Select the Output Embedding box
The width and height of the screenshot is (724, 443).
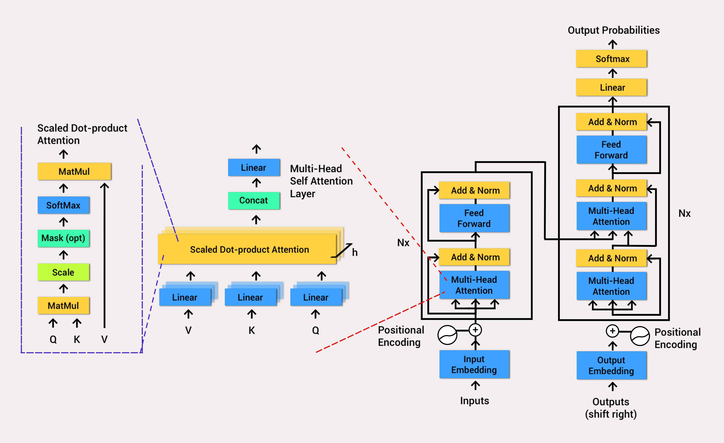point(611,365)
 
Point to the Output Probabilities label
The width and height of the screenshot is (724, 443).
point(614,30)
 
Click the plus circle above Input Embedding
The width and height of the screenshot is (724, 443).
point(475,330)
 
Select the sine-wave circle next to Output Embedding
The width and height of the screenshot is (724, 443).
point(640,336)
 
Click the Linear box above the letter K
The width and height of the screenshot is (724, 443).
point(250,297)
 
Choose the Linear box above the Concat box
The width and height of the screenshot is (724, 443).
point(254,168)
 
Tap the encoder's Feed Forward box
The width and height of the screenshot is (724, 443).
point(474,218)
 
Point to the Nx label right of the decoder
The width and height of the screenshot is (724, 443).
point(684,213)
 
